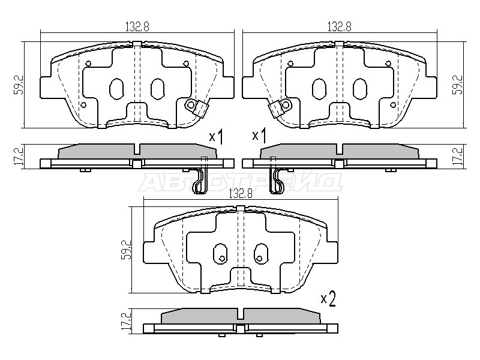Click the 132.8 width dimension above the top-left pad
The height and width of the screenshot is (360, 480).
pyautogui.click(x=137, y=27)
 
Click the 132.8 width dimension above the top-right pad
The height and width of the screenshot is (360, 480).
pyautogui.click(x=340, y=27)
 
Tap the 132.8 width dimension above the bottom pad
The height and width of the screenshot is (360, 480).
pyautogui.click(x=241, y=193)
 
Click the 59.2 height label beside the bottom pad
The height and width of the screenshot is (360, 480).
pyautogui.click(x=126, y=250)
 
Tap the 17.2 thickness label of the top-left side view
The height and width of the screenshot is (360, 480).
pyautogui.click(x=18, y=157)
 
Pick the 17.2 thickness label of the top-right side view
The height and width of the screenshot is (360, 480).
pyautogui.click(x=459, y=157)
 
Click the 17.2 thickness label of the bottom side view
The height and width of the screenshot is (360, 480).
pyautogui.click(x=126, y=320)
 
